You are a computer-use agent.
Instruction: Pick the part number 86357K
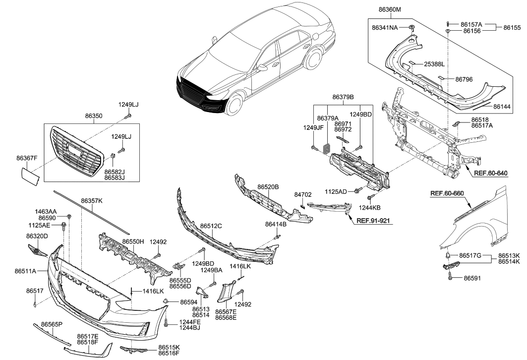pyautogui.click(x=92, y=201)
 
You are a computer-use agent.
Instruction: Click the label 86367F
pyautogui.click(x=27, y=158)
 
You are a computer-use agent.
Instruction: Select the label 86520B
pyautogui.click(x=268, y=187)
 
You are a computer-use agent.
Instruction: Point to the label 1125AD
pyautogui.click(x=336, y=191)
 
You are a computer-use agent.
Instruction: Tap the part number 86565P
pyautogui.click(x=52, y=324)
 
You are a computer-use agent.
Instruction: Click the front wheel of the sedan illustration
pyautogui.click(x=235, y=105)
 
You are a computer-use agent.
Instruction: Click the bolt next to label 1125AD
pyautogui.click(x=356, y=190)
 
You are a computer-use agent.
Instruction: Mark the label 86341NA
pyautogui.click(x=385, y=28)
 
